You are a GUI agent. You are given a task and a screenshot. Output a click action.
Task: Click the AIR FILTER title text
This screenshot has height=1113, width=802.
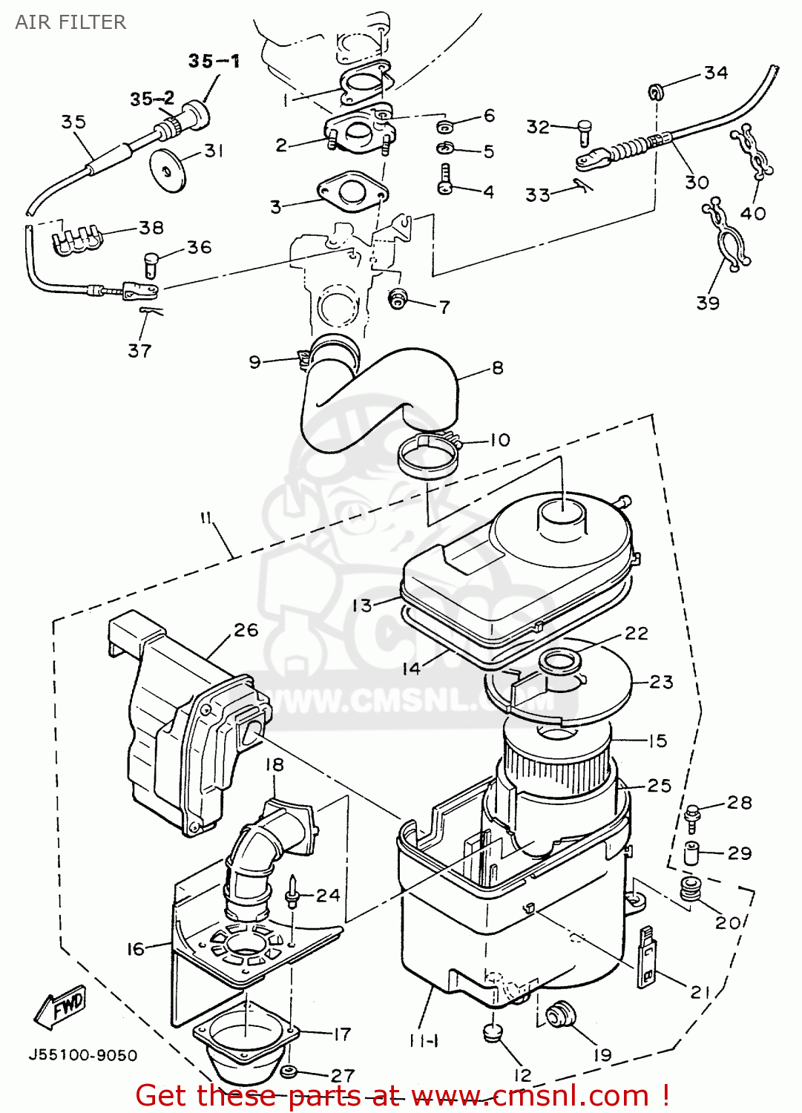pyautogui.click(x=70, y=22)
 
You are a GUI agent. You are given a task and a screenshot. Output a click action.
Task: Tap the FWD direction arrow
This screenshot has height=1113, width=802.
pyautogui.click(x=62, y=1007)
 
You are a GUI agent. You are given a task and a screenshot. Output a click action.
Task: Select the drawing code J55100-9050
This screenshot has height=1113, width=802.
pyautogui.click(x=82, y=1055)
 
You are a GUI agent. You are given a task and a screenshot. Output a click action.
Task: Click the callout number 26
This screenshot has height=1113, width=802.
pyautogui.click(x=246, y=630)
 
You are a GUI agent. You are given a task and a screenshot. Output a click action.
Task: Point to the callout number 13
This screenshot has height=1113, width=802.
pyautogui.click(x=361, y=605)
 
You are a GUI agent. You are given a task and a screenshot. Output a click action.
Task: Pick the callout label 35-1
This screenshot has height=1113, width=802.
pyautogui.click(x=214, y=61)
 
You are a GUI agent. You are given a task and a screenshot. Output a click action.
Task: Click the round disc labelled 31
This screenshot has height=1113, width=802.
pyautogui.click(x=168, y=168)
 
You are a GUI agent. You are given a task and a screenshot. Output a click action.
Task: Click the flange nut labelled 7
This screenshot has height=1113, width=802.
pyautogui.click(x=399, y=298)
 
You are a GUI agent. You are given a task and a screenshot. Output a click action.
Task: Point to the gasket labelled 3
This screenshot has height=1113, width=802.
pyautogui.click(x=352, y=190)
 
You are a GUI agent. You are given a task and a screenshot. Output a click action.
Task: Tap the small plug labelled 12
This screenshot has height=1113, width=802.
pyautogui.click(x=492, y=1032)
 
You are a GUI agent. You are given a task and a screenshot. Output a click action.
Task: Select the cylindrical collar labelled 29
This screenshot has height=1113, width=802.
pyautogui.click(x=692, y=853)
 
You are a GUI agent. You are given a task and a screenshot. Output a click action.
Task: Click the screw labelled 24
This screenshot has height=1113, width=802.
pyautogui.click(x=292, y=893)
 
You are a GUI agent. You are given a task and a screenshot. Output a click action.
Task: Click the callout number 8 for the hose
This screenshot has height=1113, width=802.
pyautogui.click(x=497, y=368)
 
